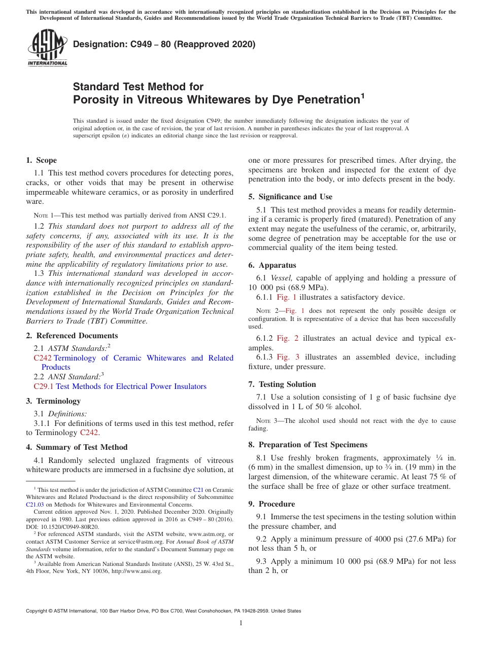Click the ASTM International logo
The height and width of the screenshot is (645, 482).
(x=47, y=48)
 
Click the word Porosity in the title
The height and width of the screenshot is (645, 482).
(x=97, y=100)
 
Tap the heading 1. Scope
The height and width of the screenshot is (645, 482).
(x=42, y=160)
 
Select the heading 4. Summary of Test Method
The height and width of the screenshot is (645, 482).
(x=77, y=447)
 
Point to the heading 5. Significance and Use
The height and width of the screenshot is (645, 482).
(x=290, y=197)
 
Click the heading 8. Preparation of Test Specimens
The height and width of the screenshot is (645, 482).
(x=307, y=445)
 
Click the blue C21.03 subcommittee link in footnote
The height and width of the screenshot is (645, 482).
(x=35, y=505)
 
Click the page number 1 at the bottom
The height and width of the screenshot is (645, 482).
(x=241, y=623)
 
